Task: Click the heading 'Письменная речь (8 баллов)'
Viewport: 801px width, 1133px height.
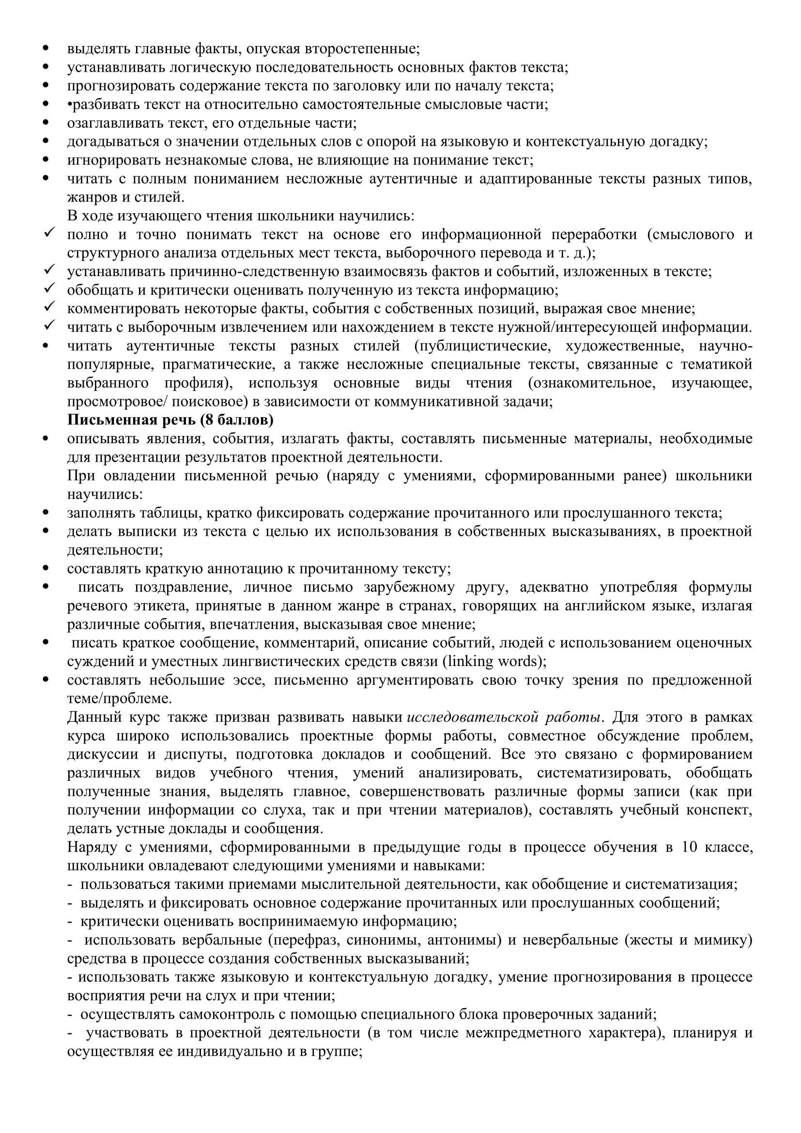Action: [170, 420]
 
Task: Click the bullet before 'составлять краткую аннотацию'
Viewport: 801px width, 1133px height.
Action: [46, 569]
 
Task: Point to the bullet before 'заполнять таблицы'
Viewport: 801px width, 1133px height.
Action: [46, 512]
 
